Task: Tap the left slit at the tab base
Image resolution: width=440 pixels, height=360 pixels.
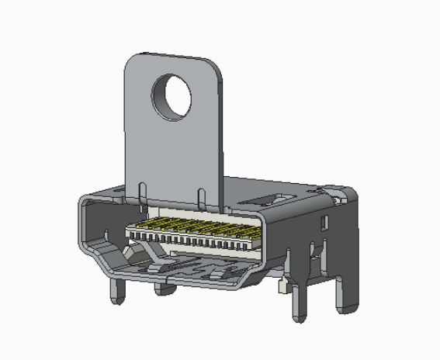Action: tap(141, 192)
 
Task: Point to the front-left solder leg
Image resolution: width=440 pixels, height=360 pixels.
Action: tap(117, 291)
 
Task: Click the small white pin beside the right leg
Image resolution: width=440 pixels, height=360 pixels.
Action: tap(283, 288)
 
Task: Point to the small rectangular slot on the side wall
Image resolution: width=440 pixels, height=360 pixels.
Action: tap(323, 224)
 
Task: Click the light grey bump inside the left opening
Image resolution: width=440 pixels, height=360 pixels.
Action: tap(132, 254)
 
